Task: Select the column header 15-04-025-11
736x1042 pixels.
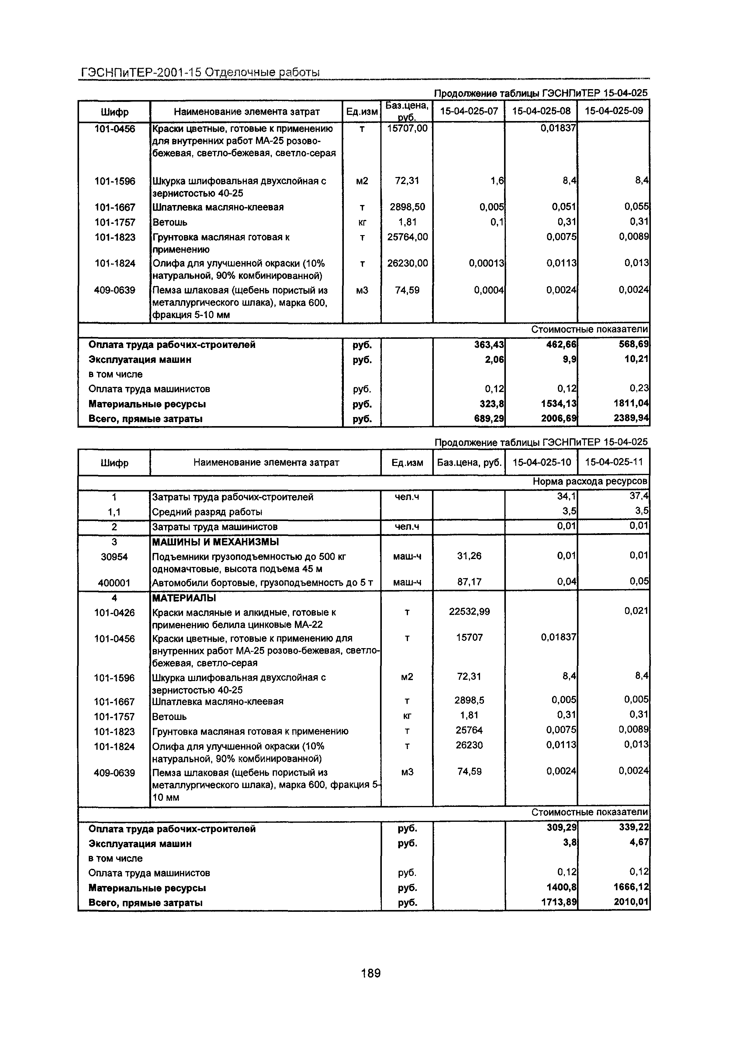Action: [x=613, y=462]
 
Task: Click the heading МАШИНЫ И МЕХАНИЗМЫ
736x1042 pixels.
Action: [x=215, y=542]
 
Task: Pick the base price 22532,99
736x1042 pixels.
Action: [x=469, y=612]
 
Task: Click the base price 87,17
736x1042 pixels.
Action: [x=469, y=581]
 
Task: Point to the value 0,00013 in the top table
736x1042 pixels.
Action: [x=486, y=263]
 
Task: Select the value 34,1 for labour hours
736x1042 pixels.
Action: [x=567, y=496]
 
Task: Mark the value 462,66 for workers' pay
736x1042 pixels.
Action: [x=561, y=345]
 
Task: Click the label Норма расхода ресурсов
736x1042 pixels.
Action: [x=590, y=481]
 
